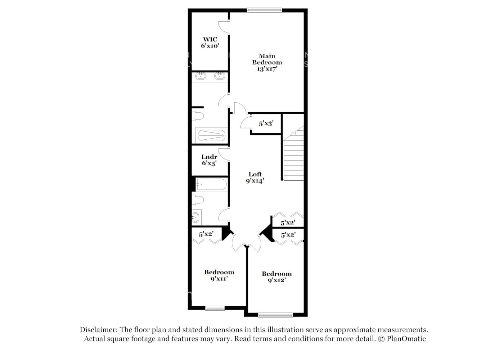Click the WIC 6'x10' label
pos(210,42)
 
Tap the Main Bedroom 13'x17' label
pos(267,62)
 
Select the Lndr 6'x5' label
pos(209,160)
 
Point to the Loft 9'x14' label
pos(255,177)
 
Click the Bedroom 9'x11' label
pos(219,275)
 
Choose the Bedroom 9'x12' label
pos(276,277)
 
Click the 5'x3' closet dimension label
pos(266,123)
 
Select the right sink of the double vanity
pos(220,76)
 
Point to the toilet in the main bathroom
pos(198,116)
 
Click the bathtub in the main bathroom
pos(211,135)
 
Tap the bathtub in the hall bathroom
pos(212,185)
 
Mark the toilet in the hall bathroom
pos(198,199)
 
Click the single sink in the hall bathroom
pos(195,217)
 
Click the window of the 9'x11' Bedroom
pos(215,308)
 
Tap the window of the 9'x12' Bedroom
pos(275,315)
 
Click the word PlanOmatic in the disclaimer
pos(406,339)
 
